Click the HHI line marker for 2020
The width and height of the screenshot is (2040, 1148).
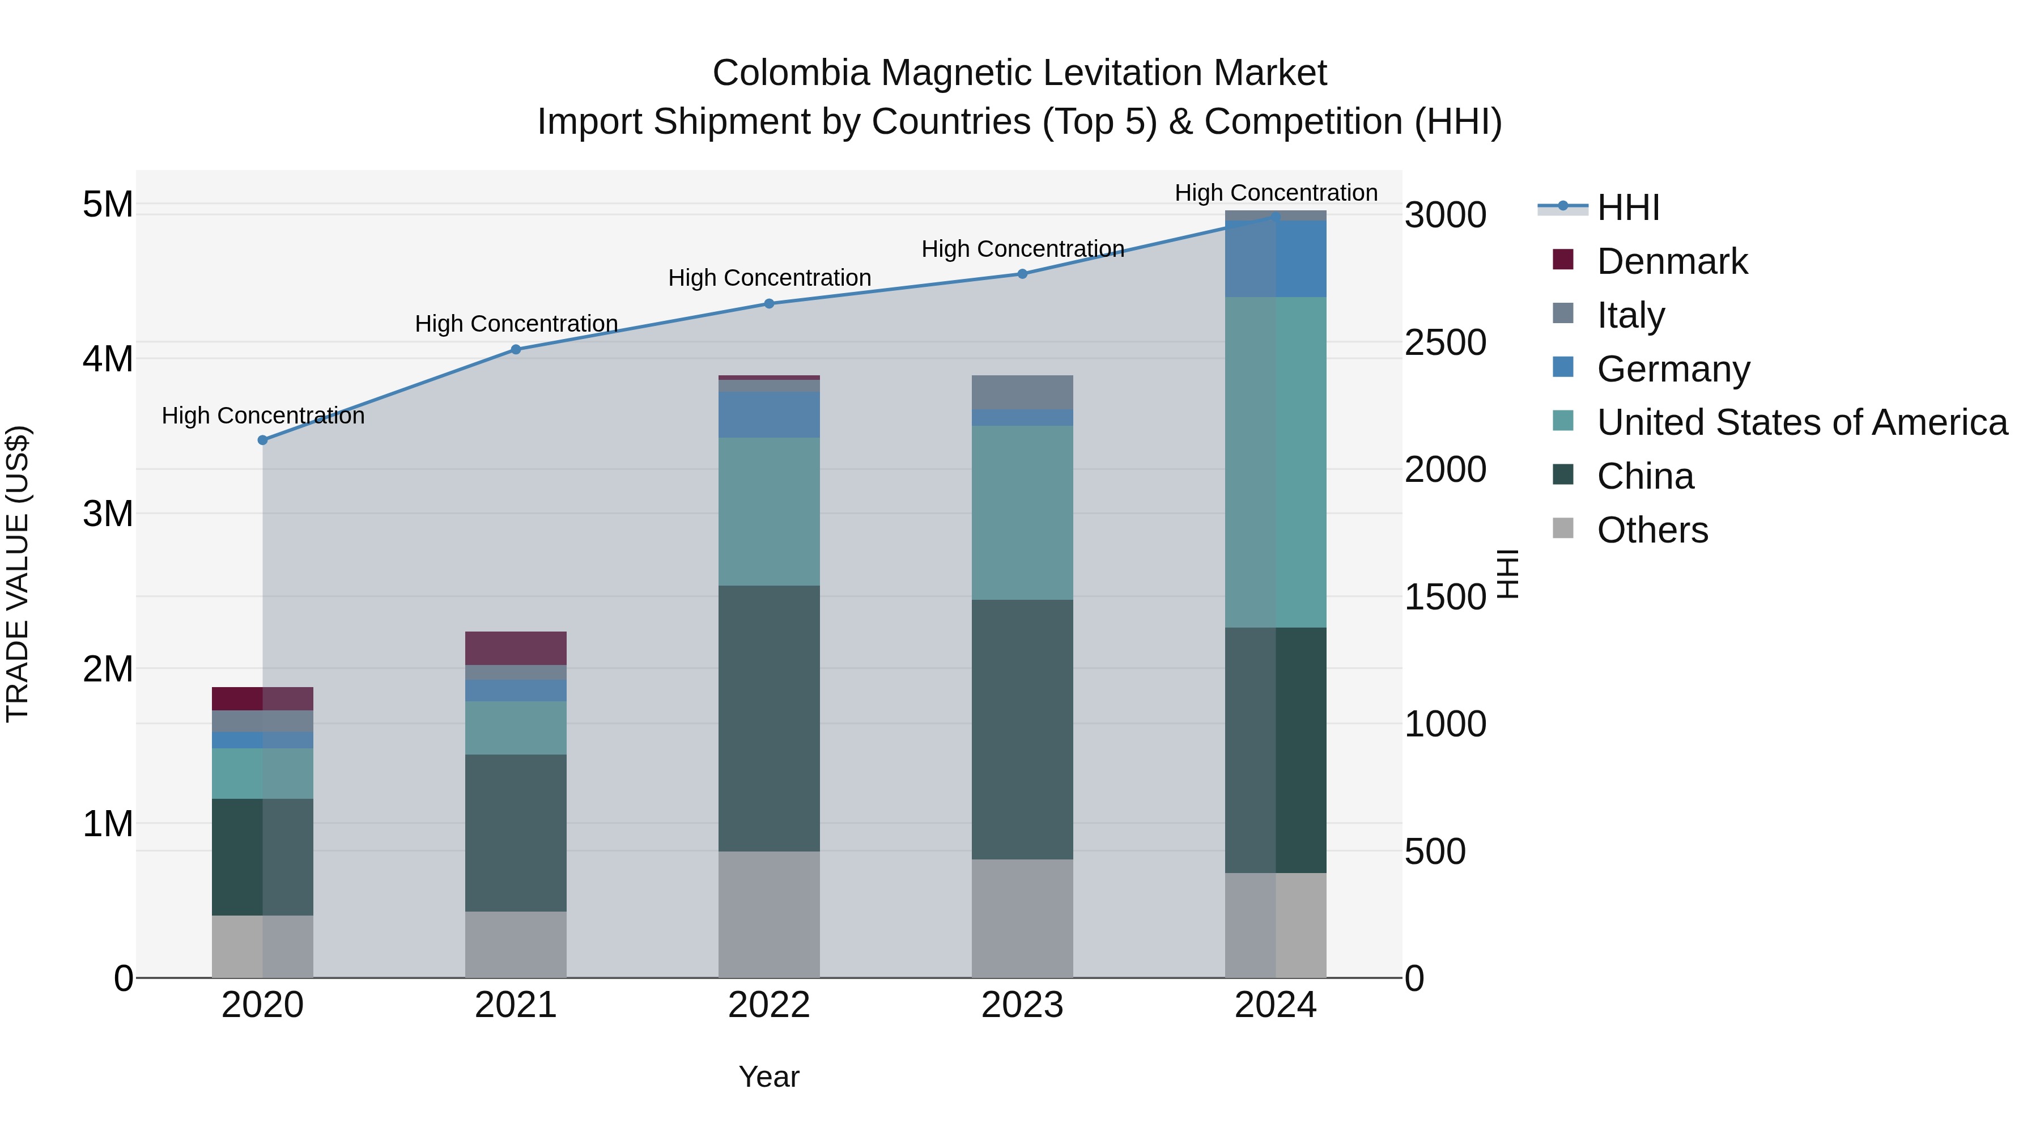pos(263,440)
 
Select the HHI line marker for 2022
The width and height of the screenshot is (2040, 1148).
pos(769,303)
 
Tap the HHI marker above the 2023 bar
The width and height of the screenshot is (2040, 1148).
pos(1022,274)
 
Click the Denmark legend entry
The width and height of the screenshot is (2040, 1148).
pos(1671,261)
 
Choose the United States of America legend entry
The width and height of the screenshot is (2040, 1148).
pos(1801,422)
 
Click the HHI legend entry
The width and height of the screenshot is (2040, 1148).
pos(1627,207)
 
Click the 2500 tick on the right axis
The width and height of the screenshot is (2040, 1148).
pos(1445,342)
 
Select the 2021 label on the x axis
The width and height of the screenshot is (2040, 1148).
pos(516,1005)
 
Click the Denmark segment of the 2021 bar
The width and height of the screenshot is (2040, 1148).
pos(516,648)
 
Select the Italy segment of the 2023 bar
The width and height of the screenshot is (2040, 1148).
pos(1022,392)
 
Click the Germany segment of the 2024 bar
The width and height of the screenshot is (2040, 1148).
pos(1276,259)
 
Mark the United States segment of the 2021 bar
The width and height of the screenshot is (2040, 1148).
pos(516,727)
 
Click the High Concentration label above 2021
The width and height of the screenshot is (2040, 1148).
pos(516,324)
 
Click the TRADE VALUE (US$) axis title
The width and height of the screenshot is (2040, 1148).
pos(18,574)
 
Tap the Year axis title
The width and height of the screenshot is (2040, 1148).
pos(769,1077)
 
